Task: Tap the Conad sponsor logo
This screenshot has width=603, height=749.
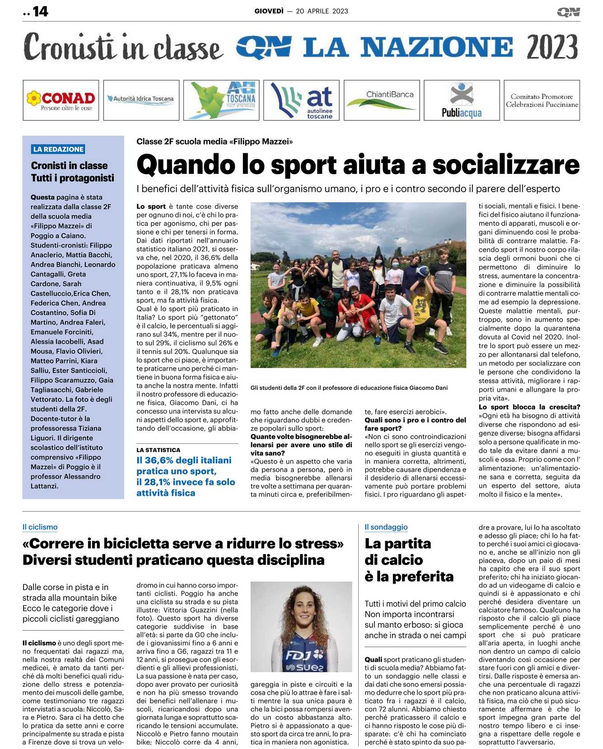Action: [x=61, y=100]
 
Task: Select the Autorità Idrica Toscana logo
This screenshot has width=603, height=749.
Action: [x=141, y=99]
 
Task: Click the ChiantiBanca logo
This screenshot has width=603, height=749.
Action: [x=382, y=100]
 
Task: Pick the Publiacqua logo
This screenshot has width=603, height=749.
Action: [x=462, y=100]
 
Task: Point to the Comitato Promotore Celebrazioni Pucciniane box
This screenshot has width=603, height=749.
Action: [x=542, y=100]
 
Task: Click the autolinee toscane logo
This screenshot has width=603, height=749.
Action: [x=301, y=100]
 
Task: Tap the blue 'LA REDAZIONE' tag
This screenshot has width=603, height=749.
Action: [x=58, y=149]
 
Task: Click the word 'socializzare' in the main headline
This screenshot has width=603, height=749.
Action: [x=505, y=165]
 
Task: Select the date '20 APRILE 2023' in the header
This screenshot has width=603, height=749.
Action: [x=322, y=11]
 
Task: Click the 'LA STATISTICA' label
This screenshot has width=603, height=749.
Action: [x=158, y=450]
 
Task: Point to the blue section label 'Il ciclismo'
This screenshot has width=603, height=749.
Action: [x=40, y=527]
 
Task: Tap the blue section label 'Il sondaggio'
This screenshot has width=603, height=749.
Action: [x=386, y=527]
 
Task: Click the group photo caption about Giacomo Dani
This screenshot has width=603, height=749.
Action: [x=349, y=388]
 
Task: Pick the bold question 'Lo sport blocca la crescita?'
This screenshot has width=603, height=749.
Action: [x=529, y=407]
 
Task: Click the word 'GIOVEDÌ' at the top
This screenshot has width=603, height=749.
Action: [x=269, y=11]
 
